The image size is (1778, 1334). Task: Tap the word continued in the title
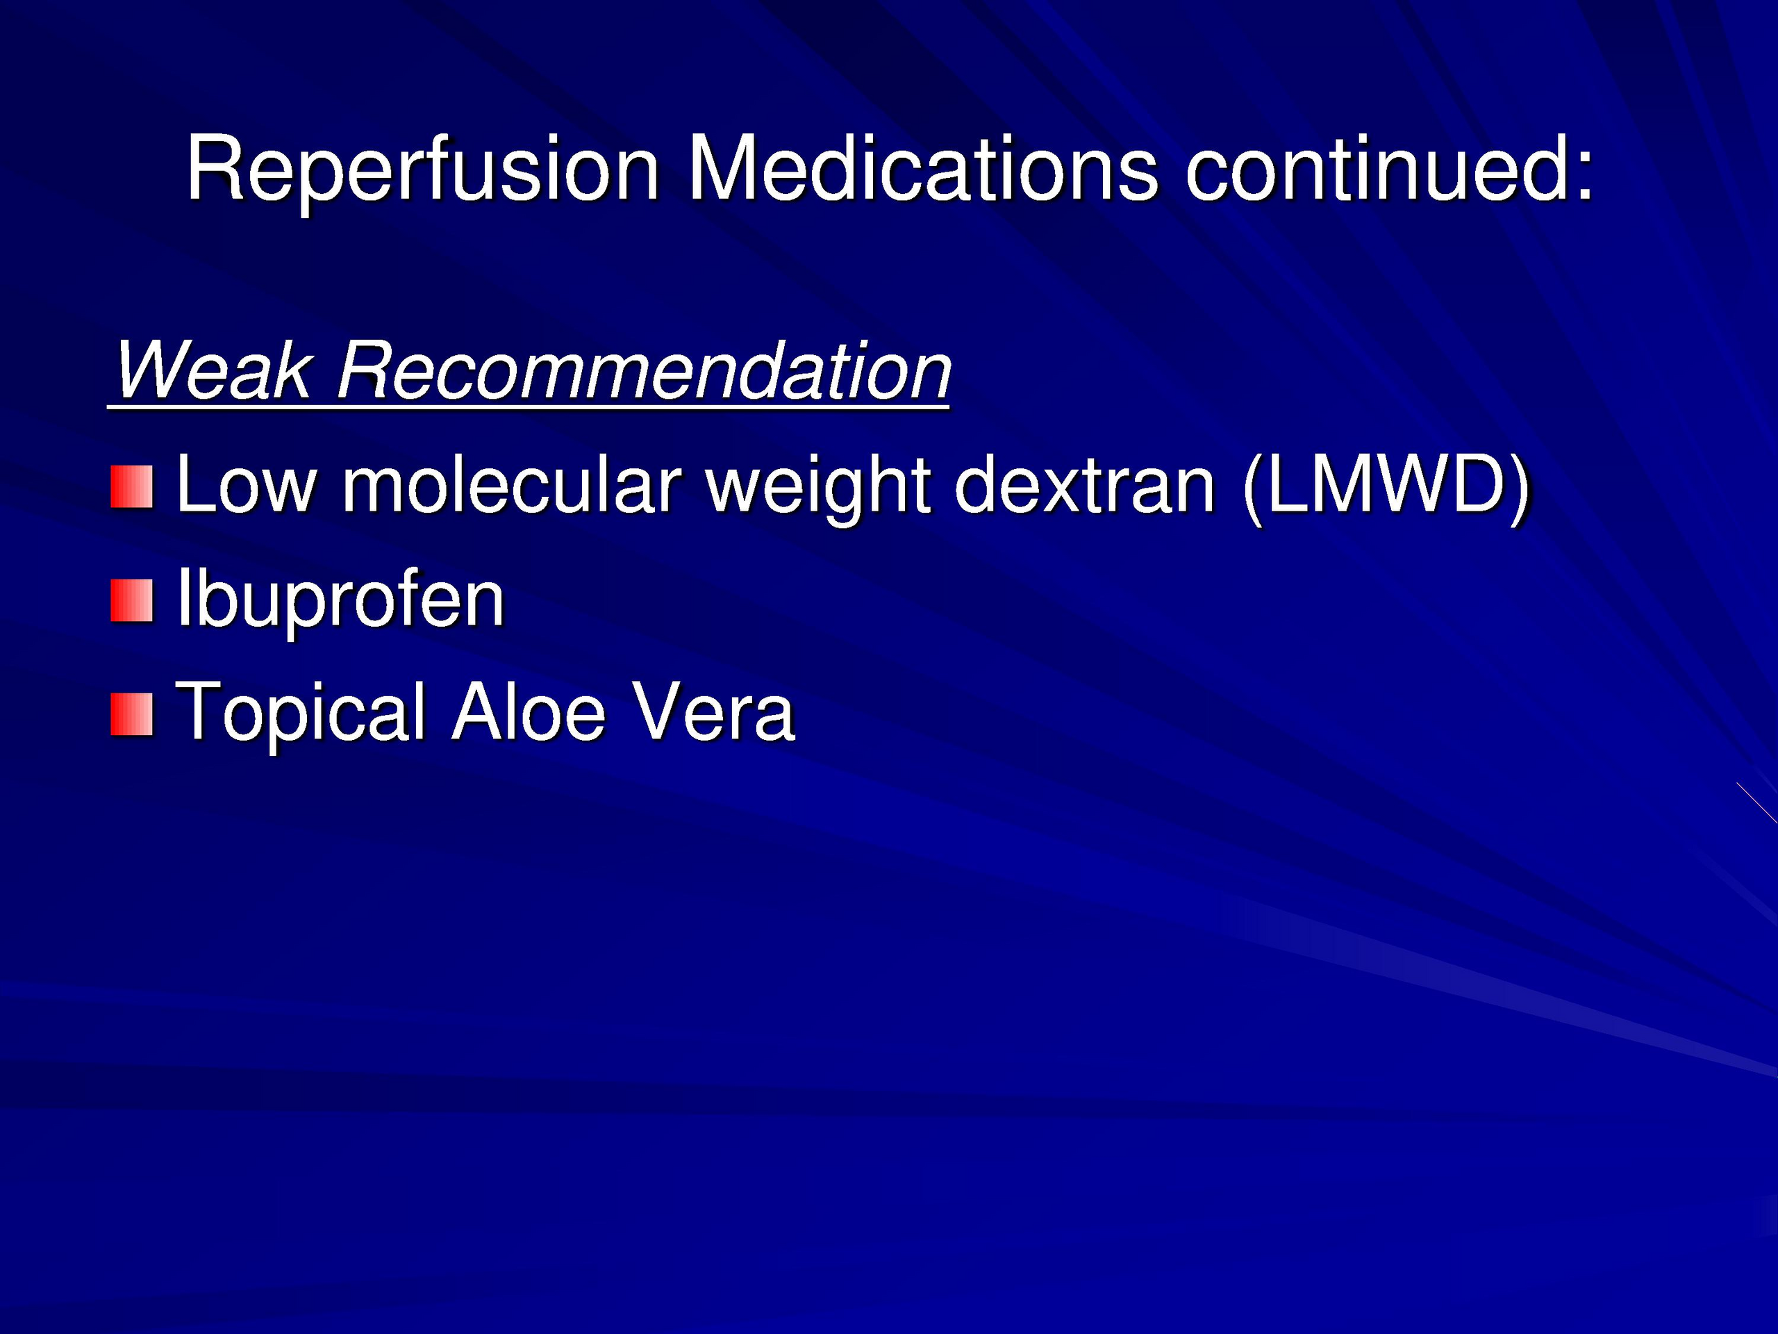click(1375, 168)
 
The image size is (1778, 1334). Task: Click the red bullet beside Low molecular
click(132, 486)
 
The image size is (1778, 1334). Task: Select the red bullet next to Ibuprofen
click(132, 601)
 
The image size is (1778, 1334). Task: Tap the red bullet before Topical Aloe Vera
click(132, 715)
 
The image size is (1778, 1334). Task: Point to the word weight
click(818, 490)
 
